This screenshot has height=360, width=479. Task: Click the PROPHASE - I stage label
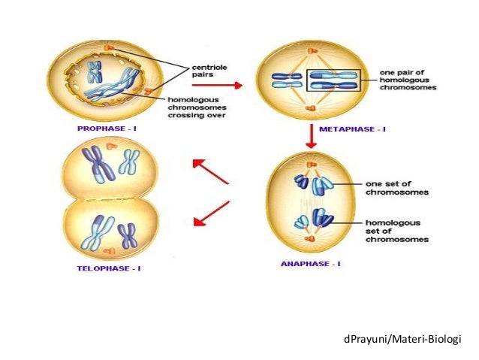(107, 129)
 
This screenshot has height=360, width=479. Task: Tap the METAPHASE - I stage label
(352, 129)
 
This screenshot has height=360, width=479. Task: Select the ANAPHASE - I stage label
(310, 264)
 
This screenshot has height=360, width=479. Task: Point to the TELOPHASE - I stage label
(109, 268)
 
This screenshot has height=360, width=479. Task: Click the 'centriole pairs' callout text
(209, 71)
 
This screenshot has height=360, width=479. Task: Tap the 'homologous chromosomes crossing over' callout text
(197, 107)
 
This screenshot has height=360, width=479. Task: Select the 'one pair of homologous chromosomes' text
(408, 80)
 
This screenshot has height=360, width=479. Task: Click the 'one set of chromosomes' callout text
(397, 188)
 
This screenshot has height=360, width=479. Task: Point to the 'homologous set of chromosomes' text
(397, 231)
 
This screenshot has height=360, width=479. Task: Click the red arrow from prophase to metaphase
(217, 85)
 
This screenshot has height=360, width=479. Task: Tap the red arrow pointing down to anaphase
(312, 136)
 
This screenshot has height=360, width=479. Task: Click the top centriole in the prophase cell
(109, 47)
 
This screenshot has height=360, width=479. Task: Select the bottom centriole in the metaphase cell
(310, 107)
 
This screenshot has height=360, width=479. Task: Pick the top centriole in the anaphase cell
(312, 165)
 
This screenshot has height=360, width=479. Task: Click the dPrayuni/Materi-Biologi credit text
(402, 339)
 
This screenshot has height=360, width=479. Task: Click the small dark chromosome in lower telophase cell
(127, 235)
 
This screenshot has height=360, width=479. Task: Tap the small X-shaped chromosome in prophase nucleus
(95, 72)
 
